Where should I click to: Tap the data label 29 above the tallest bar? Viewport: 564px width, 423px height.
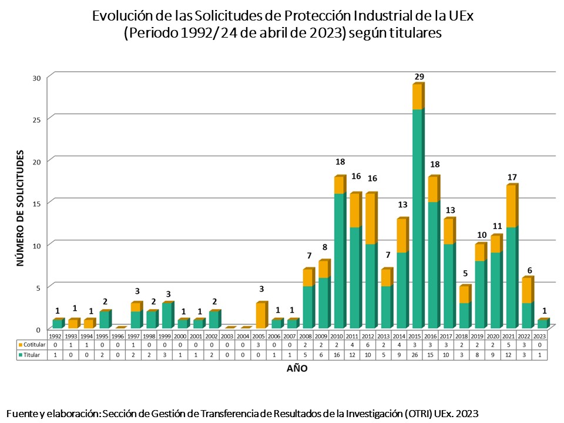pyautogui.click(x=419, y=76)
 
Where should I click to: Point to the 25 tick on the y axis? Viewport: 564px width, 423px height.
pyautogui.click(x=36, y=120)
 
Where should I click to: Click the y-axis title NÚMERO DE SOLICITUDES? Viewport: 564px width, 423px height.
pyautogui.click(x=20, y=209)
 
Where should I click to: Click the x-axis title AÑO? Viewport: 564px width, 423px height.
pyautogui.click(x=297, y=369)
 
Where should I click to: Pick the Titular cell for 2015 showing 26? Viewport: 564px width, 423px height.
pyautogui.click(x=417, y=355)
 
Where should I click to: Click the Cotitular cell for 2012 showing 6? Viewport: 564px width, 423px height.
pyautogui.click(x=370, y=345)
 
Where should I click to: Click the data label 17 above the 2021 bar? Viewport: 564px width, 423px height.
pyautogui.click(x=513, y=177)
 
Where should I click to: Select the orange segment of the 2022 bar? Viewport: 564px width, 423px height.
pyautogui.click(x=526, y=291)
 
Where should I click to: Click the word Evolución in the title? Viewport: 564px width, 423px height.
pyautogui.click(x=119, y=17)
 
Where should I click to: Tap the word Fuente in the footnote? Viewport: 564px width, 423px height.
pyautogui.click(x=21, y=414)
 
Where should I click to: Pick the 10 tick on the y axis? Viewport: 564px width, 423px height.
pyautogui.click(x=36, y=246)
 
